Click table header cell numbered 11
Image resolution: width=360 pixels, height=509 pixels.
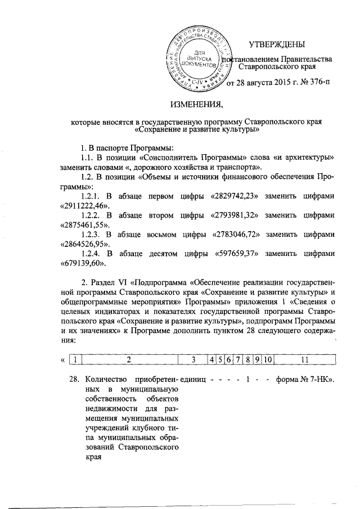[304, 358]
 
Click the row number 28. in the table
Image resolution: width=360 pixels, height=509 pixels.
[66, 379]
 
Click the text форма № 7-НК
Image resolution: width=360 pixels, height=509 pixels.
[306, 379]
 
